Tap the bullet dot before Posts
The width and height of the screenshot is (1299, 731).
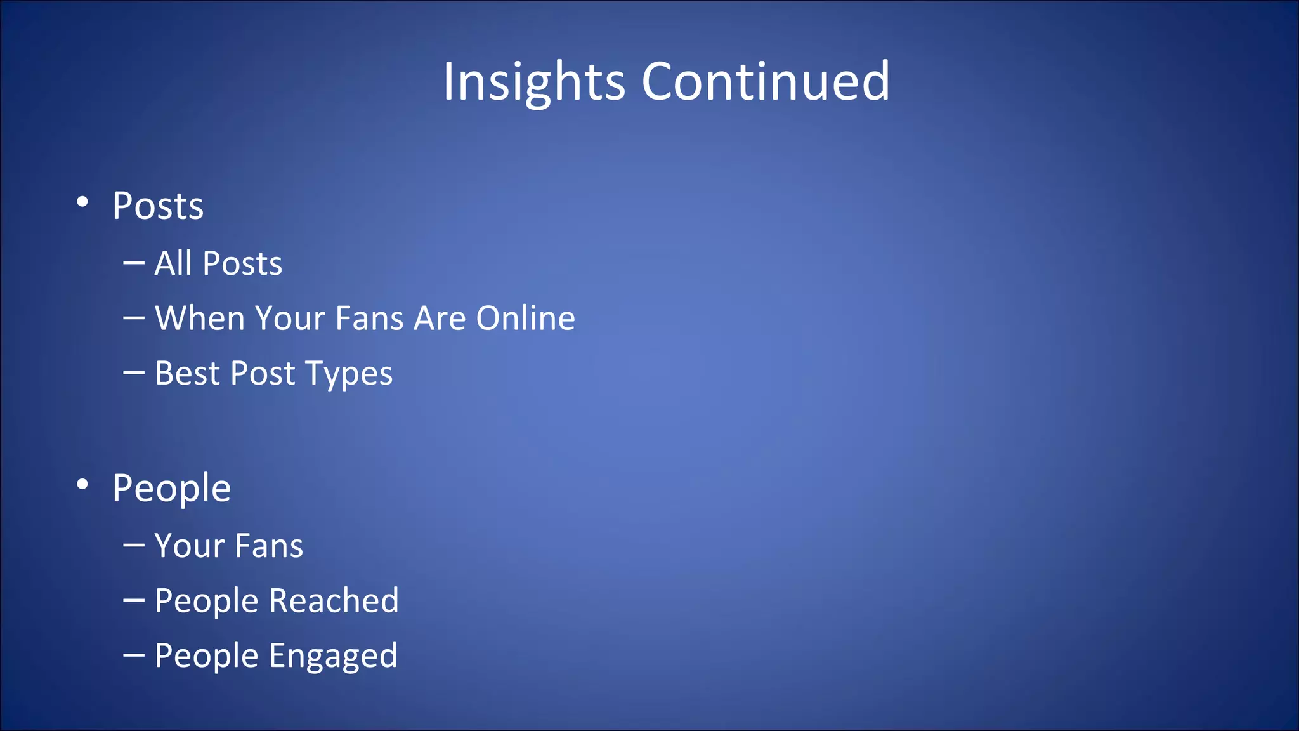[82, 202]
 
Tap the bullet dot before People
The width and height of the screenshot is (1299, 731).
[82, 485]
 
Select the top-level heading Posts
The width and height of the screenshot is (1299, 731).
[158, 206]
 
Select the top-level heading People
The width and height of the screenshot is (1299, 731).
[171, 489]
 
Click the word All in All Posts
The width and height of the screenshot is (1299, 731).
[173, 263]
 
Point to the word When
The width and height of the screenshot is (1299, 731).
[199, 318]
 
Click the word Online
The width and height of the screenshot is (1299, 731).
[525, 318]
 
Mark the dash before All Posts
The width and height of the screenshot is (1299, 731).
[134, 262]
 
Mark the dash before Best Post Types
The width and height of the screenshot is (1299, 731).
[134, 372]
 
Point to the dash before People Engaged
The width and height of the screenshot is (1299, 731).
[134, 655]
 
